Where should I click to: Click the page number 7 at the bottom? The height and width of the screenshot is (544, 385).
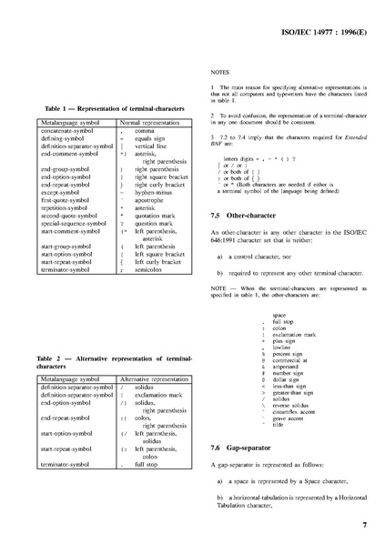(x=364, y=525)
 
